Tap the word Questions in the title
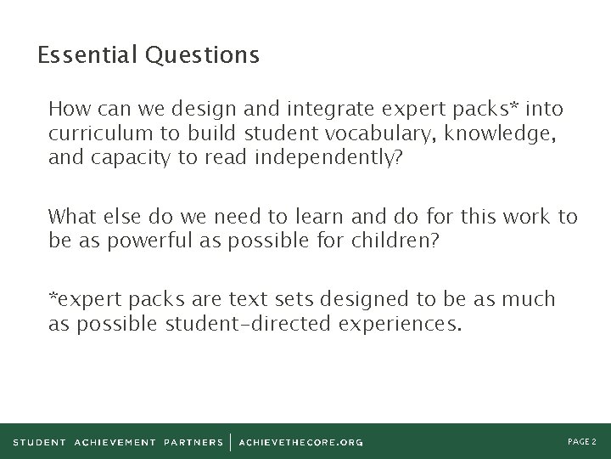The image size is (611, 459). (202, 56)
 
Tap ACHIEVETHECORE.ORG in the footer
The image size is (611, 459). (301, 442)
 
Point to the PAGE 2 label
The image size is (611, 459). (582, 442)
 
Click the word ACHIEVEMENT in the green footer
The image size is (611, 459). (115, 442)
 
